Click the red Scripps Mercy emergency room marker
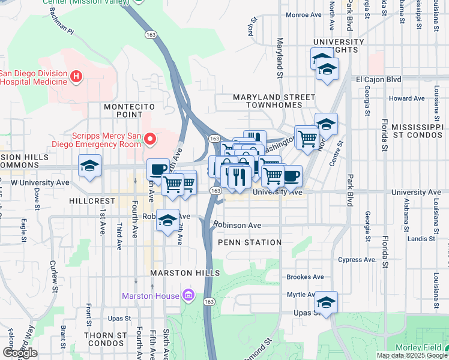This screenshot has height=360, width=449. tap(149, 140)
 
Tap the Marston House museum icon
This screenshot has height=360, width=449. tap(188, 295)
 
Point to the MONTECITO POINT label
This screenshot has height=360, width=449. tap(125, 110)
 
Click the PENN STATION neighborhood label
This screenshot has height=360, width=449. tap(250, 242)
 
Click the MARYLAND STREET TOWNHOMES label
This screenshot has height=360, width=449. tap(274, 101)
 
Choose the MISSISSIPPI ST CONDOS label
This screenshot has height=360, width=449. tap(420, 132)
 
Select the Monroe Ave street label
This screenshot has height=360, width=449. tap(304, 31)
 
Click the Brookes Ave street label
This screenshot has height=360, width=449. tap(305, 277)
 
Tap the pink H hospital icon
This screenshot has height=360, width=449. tap(76, 76)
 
